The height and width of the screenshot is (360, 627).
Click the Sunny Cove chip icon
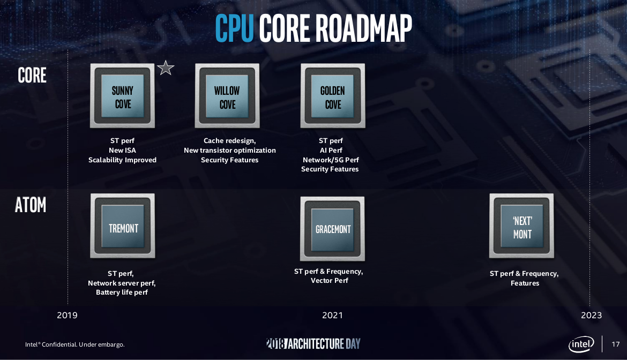(122, 96)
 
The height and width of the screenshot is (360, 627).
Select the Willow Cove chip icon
(227, 96)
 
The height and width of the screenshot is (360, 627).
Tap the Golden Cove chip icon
(333, 96)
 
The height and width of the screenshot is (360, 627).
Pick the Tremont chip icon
(123, 226)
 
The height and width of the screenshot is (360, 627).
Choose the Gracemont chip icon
(332, 229)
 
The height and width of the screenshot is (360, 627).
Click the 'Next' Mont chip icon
(521, 226)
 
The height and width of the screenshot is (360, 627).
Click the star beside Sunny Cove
(166, 68)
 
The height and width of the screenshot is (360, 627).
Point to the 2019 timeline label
(67, 315)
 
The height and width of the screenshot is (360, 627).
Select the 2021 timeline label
(332, 315)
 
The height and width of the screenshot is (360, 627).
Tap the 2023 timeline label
(592, 315)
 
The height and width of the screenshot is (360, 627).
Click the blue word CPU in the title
(234, 28)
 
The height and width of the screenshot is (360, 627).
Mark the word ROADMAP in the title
(363, 28)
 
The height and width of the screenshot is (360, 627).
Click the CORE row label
(32, 75)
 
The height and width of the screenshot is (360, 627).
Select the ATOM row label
(31, 205)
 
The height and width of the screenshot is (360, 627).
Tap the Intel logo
(581, 344)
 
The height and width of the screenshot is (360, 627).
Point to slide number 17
(615, 344)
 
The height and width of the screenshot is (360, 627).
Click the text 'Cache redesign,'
(229, 141)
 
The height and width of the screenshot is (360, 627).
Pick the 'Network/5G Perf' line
(331, 160)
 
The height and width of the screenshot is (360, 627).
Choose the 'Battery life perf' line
(122, 292)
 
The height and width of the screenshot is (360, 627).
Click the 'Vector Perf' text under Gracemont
(330, 281)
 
